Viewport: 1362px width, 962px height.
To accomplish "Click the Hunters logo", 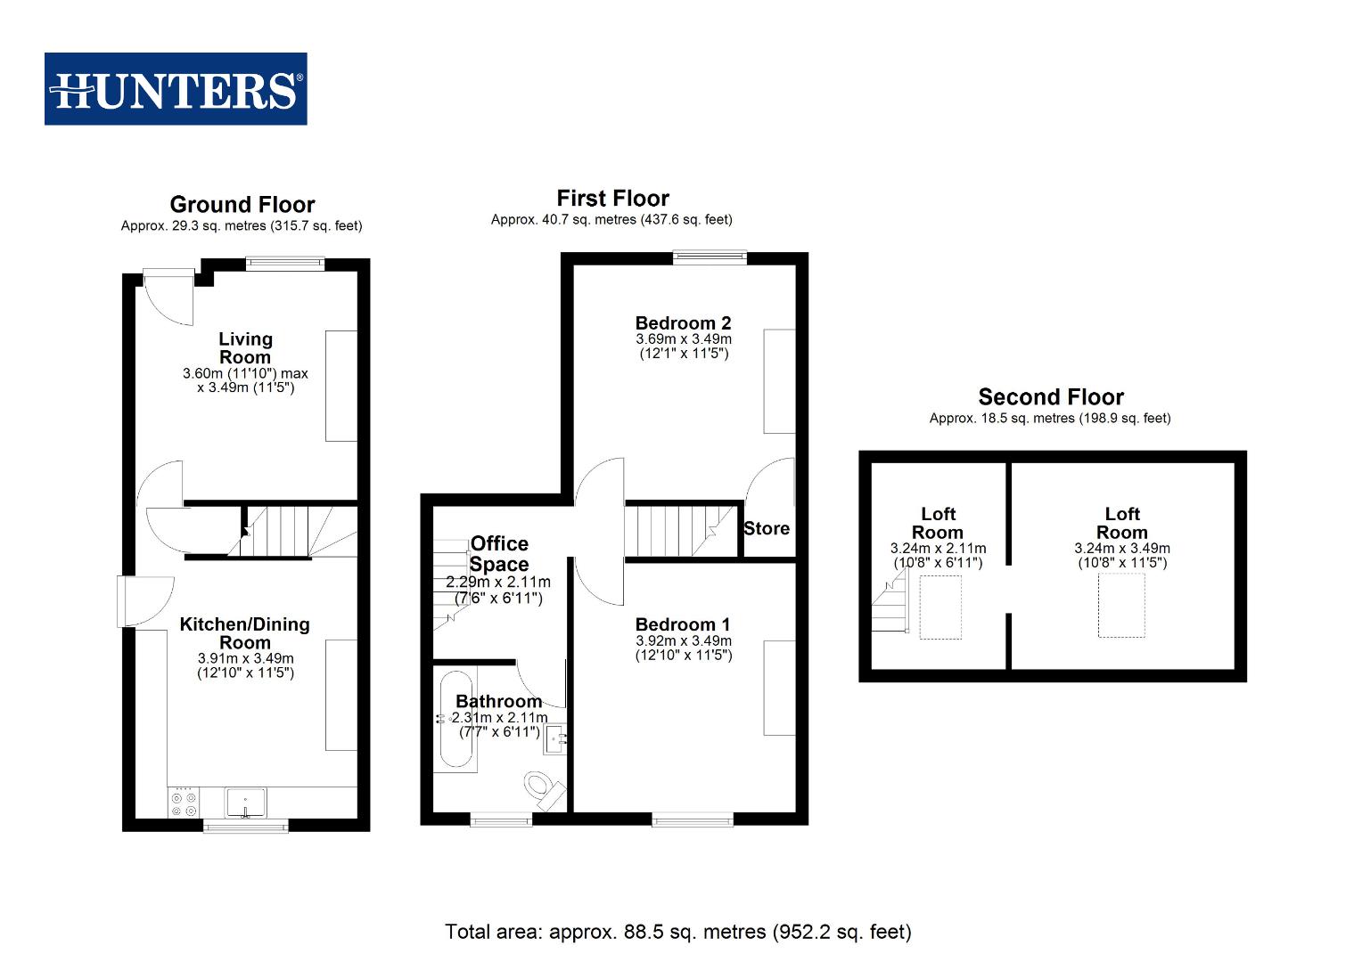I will coord(176,89).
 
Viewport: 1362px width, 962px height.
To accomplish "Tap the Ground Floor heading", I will coord(242,205).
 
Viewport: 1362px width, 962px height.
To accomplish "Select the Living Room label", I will coord(245,347).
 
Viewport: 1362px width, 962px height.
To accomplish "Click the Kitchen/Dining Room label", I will coord(245,633).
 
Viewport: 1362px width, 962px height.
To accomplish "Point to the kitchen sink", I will coord(245,803).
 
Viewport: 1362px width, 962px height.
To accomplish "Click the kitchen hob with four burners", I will coord(184,802).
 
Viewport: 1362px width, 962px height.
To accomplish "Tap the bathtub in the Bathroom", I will coord(457,720).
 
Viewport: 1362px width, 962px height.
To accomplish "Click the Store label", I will coord(767,528).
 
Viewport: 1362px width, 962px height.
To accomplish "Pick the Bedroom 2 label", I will coord(684,322).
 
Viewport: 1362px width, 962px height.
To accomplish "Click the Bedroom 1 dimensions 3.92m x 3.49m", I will coord(684,640).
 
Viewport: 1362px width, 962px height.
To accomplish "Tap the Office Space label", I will coord(499,554).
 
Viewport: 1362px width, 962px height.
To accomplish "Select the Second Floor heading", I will coord(1051,397).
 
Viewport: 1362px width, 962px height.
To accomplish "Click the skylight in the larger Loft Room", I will coord(1121,606).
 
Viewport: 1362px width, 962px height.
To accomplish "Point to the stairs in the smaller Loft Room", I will coord(890,606).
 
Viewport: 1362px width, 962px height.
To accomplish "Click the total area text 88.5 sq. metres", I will coord(677,932).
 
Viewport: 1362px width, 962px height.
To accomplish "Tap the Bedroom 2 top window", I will coord(710,258).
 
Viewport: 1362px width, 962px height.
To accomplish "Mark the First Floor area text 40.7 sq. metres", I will coord(611,219).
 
